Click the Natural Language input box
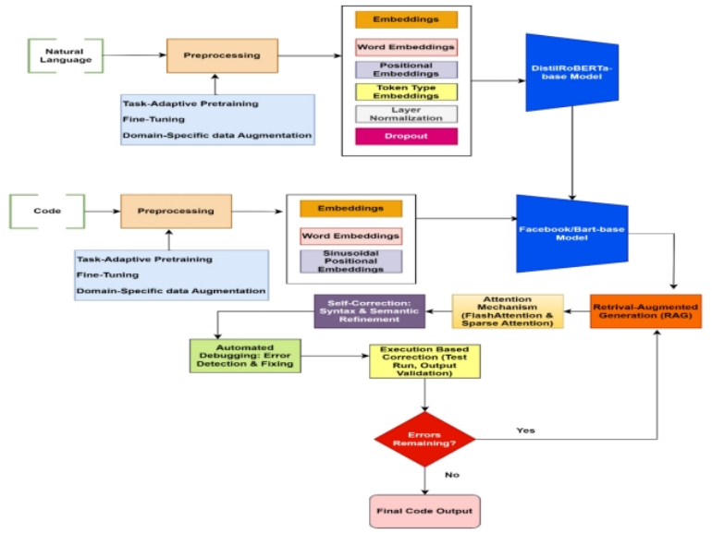pyautogui.click(x=65, y=55)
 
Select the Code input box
pyautogui.click(x=47, y=211)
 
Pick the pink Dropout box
pyautogui.click(x=406, y=137)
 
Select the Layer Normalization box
pyautogui.click(x=406, y=114)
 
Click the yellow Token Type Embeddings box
pyautogui.click(x=406, y=91)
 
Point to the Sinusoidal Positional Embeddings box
pyautogui.click(x=350, y=261)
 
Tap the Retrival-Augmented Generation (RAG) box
pyautogui.click(x=645, y=310)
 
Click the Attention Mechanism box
pyautogui.click(x=507, y=311)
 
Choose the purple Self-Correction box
pyautogui.click(x=369, y=311)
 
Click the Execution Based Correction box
pyautogui.click(x=424, y=360)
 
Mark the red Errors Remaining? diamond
pyautogui.click(x=424, y=439)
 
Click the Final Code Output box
pyautogui.click(x=424, y=510)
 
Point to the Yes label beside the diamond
pyautogui.click(x=525, y=430)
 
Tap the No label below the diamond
pyautogui.click(x=452, y=476)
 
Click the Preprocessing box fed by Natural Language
pyautogui.click(x=222, y=55)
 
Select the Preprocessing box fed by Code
pyautogui.click(x=176, y=211)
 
